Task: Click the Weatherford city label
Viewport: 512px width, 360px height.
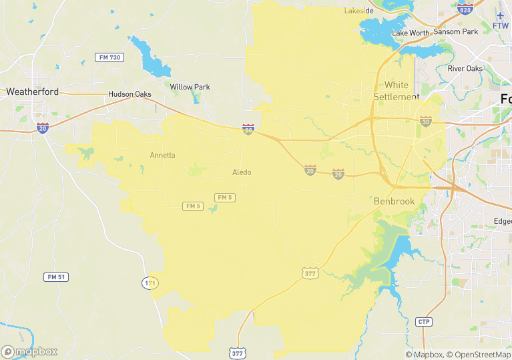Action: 32,92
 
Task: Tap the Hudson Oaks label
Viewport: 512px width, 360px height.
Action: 130,94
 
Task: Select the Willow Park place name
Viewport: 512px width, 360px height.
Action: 190,87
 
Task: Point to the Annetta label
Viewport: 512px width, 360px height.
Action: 162,155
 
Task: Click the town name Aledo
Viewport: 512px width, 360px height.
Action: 242,172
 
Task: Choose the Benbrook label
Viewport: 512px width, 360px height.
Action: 394,201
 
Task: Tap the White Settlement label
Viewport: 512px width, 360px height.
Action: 397,91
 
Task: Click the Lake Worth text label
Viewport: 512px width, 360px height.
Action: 411,33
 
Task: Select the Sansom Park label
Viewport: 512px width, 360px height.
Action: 456,31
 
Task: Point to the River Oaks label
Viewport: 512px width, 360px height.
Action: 465,68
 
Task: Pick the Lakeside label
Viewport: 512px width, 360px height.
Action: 359,11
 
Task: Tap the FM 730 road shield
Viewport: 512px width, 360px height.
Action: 108,57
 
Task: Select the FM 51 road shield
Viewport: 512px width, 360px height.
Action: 57,277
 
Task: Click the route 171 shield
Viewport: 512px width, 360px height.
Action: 151,283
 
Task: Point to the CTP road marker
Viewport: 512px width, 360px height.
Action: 424,322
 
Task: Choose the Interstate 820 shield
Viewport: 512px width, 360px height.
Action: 466,9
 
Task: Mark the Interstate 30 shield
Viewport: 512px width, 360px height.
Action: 426,121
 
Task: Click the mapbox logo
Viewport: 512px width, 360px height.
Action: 29,351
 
